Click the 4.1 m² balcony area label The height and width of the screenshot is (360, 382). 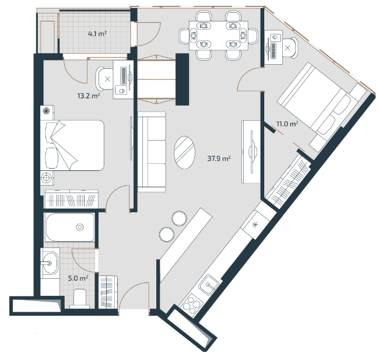[97, 34]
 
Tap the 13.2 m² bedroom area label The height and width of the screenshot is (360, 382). [89, 96]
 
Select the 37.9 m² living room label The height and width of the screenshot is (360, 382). [219, 159]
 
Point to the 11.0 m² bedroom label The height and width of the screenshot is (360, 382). [288, 124]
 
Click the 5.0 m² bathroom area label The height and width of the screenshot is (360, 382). [78, 278]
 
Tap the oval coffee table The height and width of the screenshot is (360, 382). [184, 153]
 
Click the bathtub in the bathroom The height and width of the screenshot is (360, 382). [70, 227]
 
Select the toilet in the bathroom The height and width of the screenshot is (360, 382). [79, 298]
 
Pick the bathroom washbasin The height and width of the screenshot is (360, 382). [50, 263]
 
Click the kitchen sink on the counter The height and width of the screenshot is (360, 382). [209, 285]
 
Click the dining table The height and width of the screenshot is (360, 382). [219, 36]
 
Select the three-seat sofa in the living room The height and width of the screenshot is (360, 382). [152, 152]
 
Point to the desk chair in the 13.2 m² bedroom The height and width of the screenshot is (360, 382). [104, 79]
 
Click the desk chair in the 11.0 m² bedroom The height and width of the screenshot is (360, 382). [290, 48]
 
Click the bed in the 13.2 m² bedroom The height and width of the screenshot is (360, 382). [72, 145]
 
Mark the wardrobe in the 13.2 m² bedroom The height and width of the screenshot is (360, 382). [72, 199]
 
